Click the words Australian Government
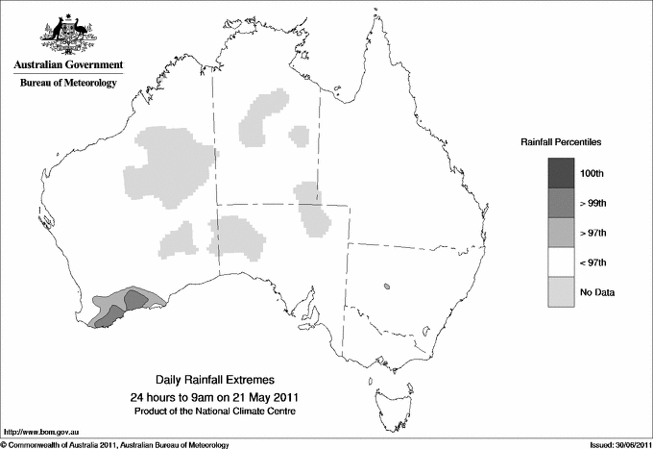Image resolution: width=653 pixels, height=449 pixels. [67, 65]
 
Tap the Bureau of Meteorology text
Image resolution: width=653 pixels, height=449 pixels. [67, 84]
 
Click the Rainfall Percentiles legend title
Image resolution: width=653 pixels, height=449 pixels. [561, 141]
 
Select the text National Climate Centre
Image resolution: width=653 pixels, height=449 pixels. [251, 412]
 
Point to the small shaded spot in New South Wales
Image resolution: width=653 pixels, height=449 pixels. [386, 286]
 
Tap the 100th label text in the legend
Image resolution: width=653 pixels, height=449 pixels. [592, 173]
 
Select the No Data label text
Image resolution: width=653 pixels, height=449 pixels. [596, 291]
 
